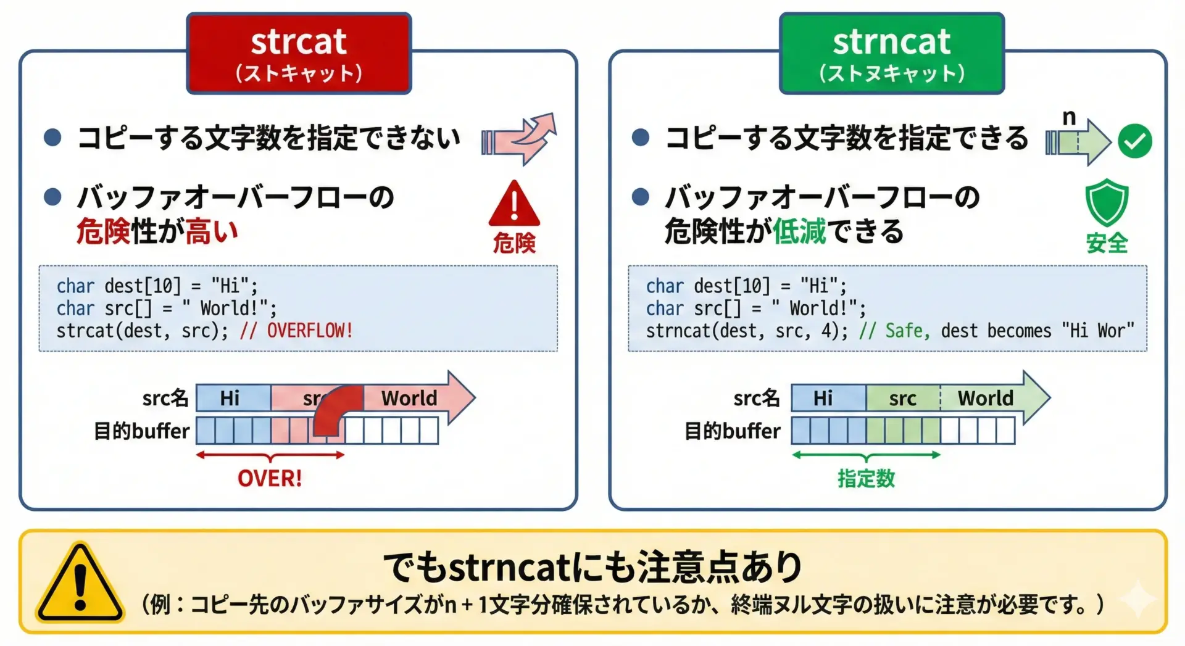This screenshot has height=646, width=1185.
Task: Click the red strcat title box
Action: (x=299, y=54)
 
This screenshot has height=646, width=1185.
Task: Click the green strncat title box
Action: (x=892, y=54)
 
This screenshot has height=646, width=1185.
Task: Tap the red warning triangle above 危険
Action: (x=514, y=204)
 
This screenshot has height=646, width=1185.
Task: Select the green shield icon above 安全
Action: (x=1107, y=202)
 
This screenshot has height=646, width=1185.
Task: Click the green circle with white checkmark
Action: (x=1135, y=141)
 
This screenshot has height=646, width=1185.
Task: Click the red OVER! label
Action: (x=270, y=478)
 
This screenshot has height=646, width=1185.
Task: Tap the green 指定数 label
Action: (x=866, y=478)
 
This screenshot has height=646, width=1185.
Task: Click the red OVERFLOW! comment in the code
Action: (x=310, y=331)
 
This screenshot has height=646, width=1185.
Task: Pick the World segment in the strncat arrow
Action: (x=986, y=398)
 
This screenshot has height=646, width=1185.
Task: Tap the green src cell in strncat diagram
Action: (x=903, y=398)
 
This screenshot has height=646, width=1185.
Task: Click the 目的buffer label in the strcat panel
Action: (x=141, y=431)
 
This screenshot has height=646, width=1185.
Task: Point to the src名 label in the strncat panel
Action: (x=757, y=398)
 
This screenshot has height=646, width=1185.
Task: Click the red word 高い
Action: (x=211, y=232)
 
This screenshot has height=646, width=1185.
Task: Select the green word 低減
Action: (x=799, y=232)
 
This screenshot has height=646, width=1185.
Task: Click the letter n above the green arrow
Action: (x=1069, y=117)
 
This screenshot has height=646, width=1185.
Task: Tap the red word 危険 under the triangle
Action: (x=514, y=243)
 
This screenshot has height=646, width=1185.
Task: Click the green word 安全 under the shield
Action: (x=1107, y=243)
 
